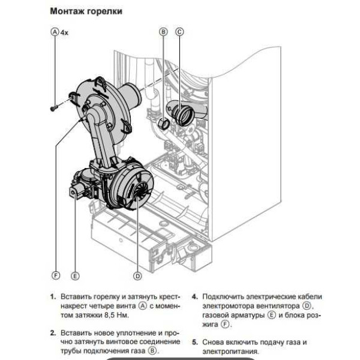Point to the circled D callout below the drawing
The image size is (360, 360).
pyautogui.click(x=137, y=276)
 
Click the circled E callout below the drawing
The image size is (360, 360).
pyautogui.click(x=75, y=276)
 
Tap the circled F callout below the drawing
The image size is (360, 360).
pyautogui.click(x=56, y=276)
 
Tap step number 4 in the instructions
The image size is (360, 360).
pyautogui.click(x=195, y=297)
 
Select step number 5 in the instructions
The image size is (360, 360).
pyautogui.click(x=195, y=342)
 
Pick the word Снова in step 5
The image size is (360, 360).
pyautogui.click(x=214, y=342)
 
